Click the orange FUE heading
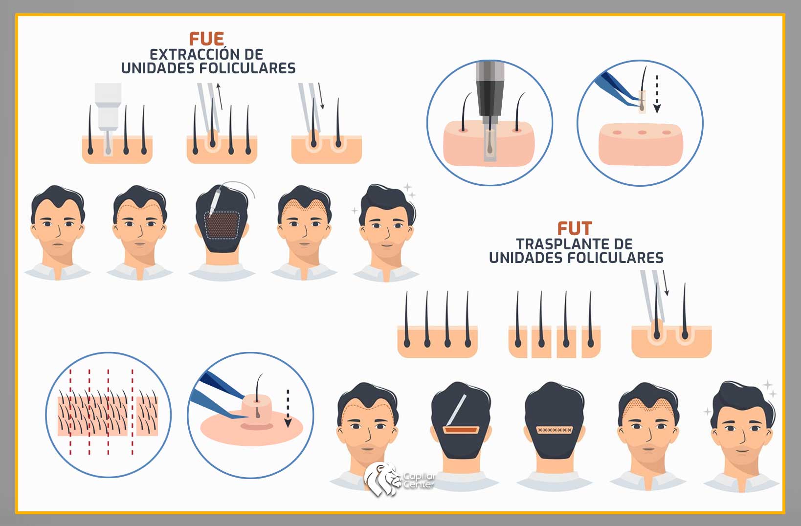pyautogui.click(x=206, y=39)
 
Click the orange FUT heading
pyautogui.click(x=574, y=228)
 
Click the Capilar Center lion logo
pyautogui.click(x=382, y=480)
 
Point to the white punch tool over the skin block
pyautogui.click(x=108, y=114)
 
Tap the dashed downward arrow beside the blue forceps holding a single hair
pyautogui.click(x=657, y=94)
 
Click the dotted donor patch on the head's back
pyautogui.click(x=222, y=225)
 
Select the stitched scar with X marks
pyautogui.click(x=554, y=430)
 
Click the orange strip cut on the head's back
pyautogui.click(x=461, y=429)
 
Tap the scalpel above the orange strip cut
pyautogui.click(x=456, y=410)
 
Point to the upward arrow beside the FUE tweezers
pyautogui.click(x=220, y=96)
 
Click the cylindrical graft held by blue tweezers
pyautogui.click(x=257, y=410)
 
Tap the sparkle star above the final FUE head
pyautogui.click(x=407, y=187)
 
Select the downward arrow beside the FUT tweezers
pyautogui.click(x=666, y=283)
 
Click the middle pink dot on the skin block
pyautogui.click(x=642, y=132)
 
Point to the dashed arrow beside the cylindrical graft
pyautogui.click(x=288, y=408)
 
